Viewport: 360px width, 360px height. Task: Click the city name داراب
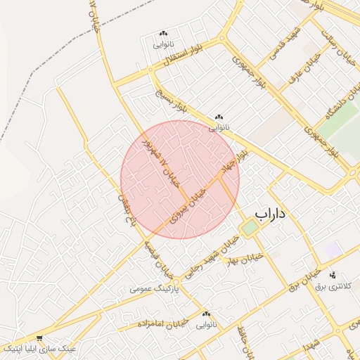pos(274,213)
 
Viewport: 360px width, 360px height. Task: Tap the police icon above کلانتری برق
pos(333,274)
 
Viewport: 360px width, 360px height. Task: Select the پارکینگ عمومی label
pos(155,289)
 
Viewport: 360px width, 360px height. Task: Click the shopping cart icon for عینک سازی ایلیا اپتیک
pos(39,338)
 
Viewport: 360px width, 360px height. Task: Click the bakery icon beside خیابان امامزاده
pos(206,314)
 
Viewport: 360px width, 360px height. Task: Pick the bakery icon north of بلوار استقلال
pos(164,34)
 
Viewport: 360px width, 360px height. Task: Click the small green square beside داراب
pos(250,228)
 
